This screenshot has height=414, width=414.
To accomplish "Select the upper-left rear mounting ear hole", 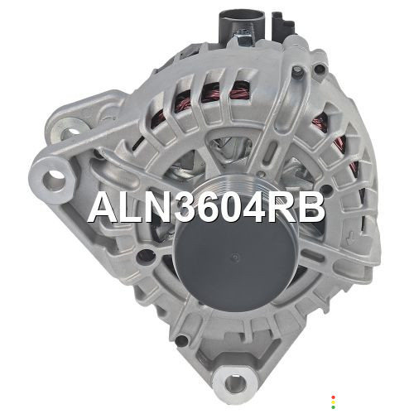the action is [73, 132].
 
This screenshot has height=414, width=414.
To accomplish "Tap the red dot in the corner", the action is [333, 397].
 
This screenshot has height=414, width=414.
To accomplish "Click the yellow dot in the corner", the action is [333, 402].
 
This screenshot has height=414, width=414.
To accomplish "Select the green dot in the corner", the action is [333, 407].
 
